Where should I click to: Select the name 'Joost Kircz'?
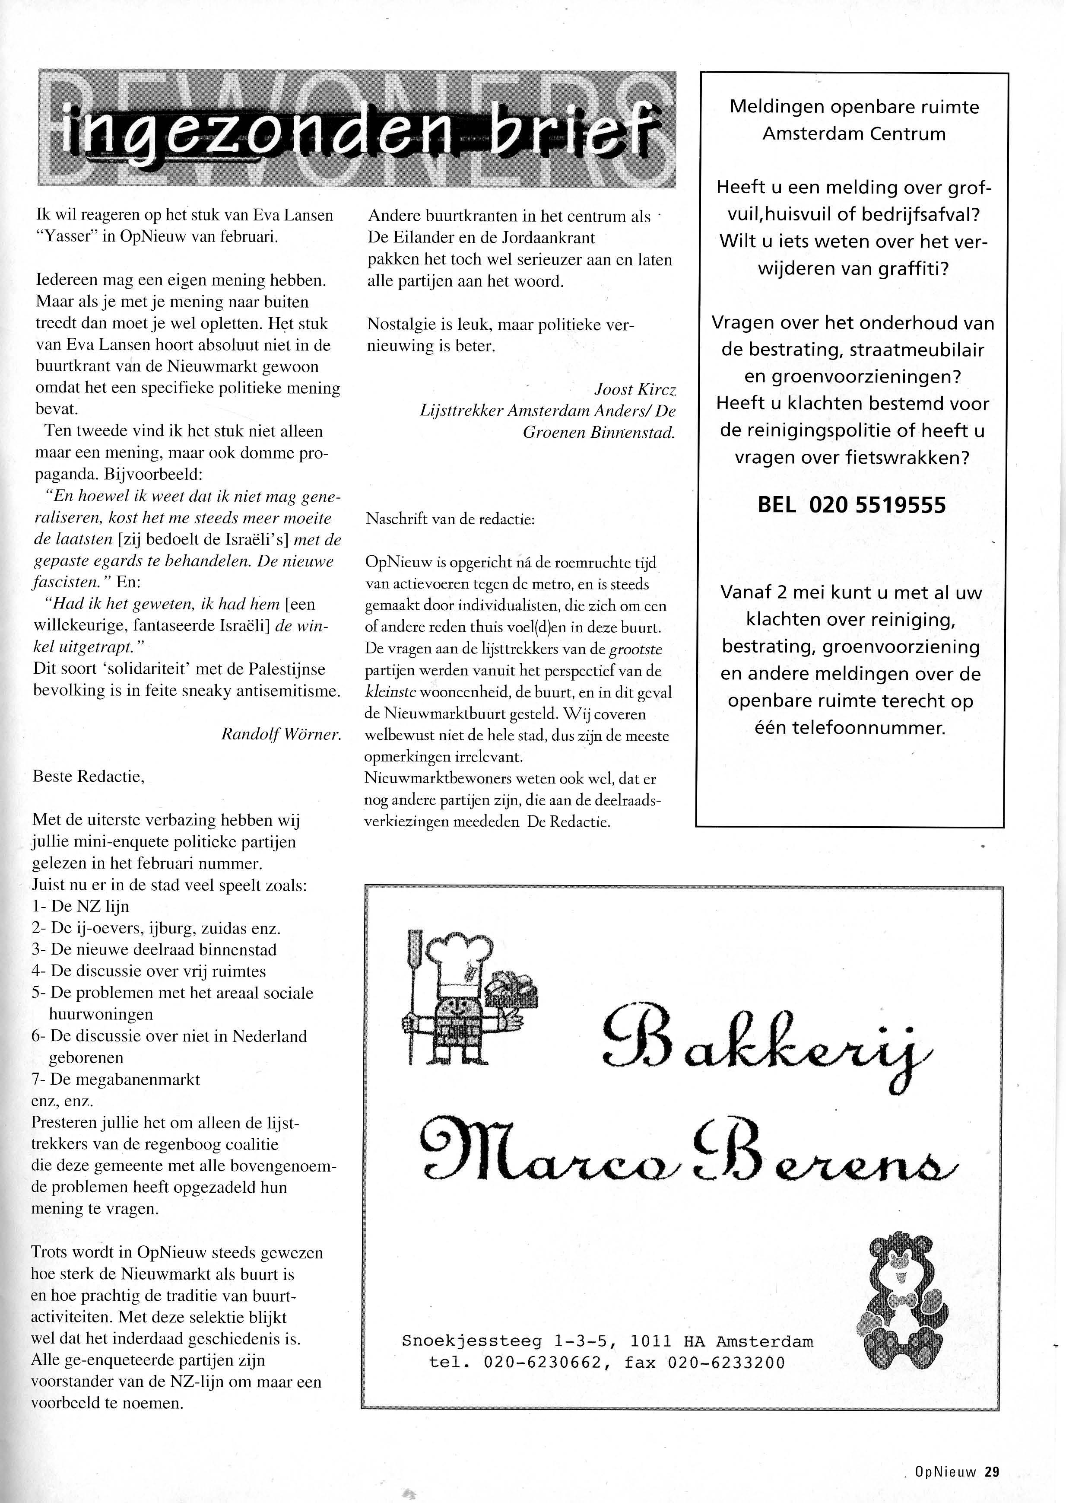634,389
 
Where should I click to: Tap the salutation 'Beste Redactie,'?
88,777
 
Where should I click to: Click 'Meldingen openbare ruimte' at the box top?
854,107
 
